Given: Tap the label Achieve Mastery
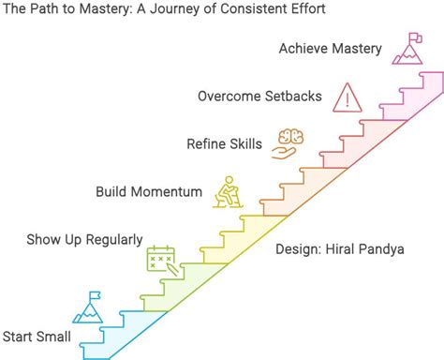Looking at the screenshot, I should tap(329, 49).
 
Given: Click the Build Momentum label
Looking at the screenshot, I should tap(149, 191).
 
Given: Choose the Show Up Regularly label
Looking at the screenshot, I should tap(85, 239).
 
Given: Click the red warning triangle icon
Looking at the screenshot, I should tap(348, 96).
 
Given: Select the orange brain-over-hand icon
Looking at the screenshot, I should tap(288, 142).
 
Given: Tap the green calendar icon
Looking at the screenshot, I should tap(162, 257).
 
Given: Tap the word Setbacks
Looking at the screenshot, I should tap(292, 96).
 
